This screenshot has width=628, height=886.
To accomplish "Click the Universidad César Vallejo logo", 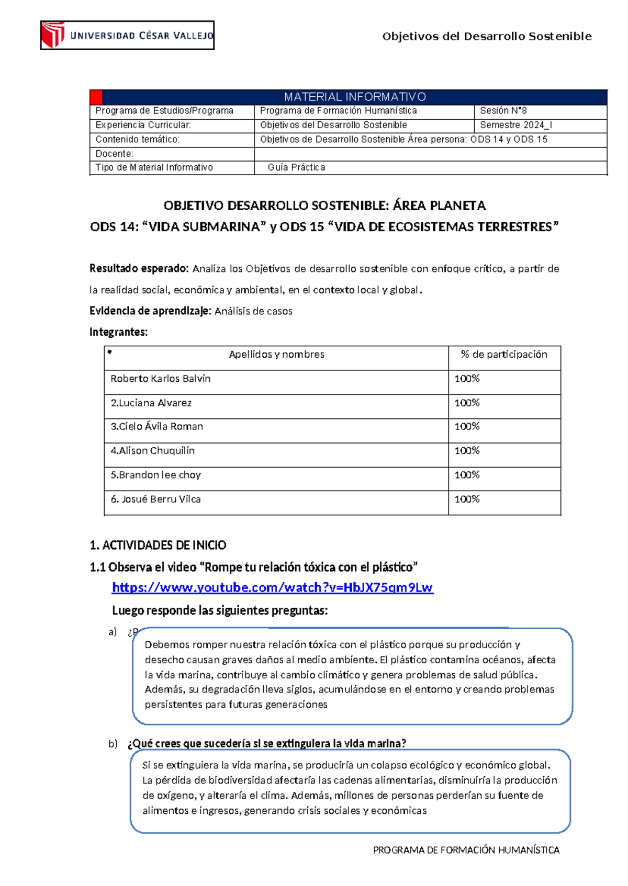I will click(x=127, y=36).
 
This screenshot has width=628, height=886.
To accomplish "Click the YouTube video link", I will click(x=272, y=587).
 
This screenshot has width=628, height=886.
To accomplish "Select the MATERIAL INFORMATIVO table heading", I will click(x=355, y=97).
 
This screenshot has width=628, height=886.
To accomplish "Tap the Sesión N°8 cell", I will click(x=503, y=111).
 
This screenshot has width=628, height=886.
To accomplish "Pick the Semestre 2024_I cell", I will click(x=516, y=125).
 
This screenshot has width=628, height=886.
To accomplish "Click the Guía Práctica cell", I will click(x=296, y=167).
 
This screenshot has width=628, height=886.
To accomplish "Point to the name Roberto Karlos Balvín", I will click(x=161, y=379).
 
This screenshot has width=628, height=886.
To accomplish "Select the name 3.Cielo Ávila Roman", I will click(x=157, y=427).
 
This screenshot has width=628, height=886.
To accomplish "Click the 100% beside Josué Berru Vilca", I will click(x=467, y=499).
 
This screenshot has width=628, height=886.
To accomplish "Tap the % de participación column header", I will click(x=504, y=355).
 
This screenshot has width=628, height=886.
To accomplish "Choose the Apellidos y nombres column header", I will click(x=276, y=355).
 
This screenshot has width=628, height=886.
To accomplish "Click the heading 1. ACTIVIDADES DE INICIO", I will click(x=158, y=546).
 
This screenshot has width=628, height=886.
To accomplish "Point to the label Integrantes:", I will click(x=119, y=332).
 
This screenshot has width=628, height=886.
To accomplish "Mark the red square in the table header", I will click(x=96, y=97).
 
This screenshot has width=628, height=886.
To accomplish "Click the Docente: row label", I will click(x=115, y=154).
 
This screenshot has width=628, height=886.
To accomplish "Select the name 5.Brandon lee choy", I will click(x=156, y=475).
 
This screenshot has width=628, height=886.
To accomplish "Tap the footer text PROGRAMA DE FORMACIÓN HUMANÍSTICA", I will click(x=466, y=850).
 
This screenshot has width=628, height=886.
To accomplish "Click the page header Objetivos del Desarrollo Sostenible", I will click(x=487, y=37).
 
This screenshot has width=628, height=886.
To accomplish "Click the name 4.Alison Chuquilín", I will click(x=153, y=451).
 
